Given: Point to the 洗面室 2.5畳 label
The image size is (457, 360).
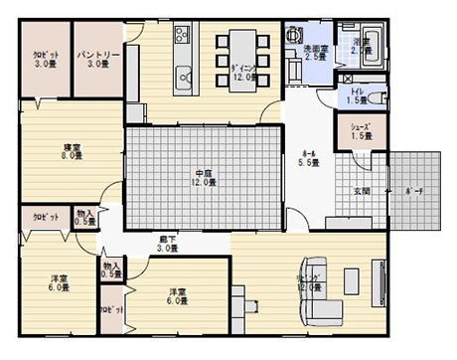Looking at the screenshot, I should pyautogui.click(x=315, y=53).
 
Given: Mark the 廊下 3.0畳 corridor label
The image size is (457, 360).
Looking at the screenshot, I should pyautogui.click(x=168, y=243).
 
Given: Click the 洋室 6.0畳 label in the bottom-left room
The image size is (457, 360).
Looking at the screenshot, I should pyautogui.click(x=59, y=282).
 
